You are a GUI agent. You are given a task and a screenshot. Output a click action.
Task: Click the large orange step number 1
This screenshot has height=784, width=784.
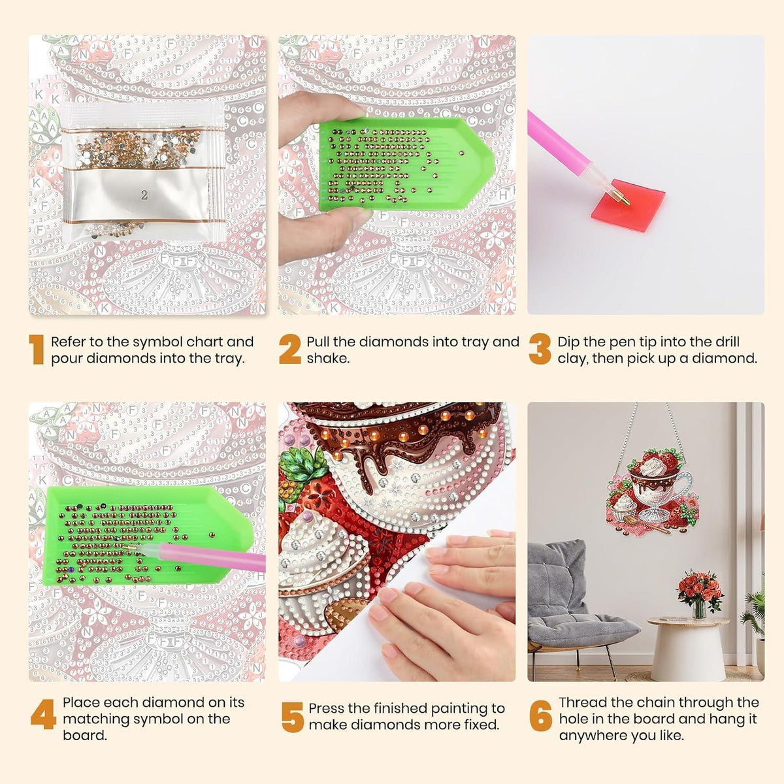(x=37, y=349)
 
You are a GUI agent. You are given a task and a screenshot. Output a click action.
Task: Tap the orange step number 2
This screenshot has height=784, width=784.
(x=289, y=349)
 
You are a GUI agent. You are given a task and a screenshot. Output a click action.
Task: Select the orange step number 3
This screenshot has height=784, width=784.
(x=540, y=349)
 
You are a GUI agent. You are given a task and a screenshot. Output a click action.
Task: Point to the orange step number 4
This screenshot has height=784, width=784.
(x=43, y=714)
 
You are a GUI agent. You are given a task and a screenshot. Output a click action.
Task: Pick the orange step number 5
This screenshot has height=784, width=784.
(x=293, y=717)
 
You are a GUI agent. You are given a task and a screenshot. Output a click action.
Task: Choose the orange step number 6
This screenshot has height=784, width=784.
(x=541, y=715)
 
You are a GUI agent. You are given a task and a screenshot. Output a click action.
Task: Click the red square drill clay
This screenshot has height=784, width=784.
(x=627, y=205)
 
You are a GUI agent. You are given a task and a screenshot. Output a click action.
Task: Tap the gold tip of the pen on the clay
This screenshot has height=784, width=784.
(x=625, y=199)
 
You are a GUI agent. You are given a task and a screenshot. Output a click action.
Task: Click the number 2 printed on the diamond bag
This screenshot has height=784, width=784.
(x=144, y=195)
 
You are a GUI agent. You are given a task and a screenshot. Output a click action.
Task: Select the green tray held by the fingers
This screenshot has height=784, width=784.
(x=407, y=164)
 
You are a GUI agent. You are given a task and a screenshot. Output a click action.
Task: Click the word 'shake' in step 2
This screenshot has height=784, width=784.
(x=328, y=359)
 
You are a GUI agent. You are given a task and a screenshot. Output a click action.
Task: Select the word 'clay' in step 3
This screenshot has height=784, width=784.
(x=573, y=359)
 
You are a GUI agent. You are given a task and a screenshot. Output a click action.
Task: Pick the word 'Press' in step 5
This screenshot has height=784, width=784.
(x=327, y=708)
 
